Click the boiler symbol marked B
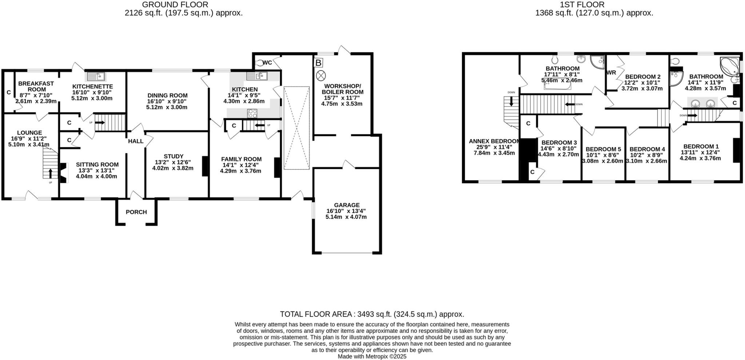click(x=318, y=63)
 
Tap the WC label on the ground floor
click(x=267, y=63)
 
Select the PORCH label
click(x=136, y=212)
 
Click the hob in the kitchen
click(x=252, y=113)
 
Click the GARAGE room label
click(x=348, y=205)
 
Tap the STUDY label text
click(x=174, y=156)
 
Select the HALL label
click(x=135, y=141)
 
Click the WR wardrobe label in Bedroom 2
click(x=611, y=73)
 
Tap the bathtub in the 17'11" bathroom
click(x=557, y=85)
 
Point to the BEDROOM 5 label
click(x=603, y=149)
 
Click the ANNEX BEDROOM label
click(x=494, y=141)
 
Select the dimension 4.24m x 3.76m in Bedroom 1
click(x=700, y=158)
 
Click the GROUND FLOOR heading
click(x=175, y=5)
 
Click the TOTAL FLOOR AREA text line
click(x=372, y=314)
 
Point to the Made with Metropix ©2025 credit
click(x=372, y=357)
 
